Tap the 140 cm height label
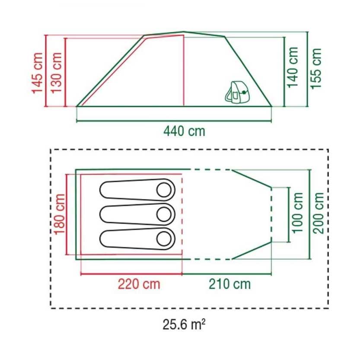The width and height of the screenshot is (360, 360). point(294,67)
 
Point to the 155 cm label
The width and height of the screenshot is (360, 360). point(317,68)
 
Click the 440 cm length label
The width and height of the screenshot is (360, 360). point(185,131)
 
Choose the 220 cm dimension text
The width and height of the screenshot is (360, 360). point(139,284)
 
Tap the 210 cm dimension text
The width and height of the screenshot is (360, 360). point(229,284)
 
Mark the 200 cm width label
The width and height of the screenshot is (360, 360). point(319,213)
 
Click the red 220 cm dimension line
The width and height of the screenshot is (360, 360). point(131,274)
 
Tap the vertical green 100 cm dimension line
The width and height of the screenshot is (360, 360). point(288,214)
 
